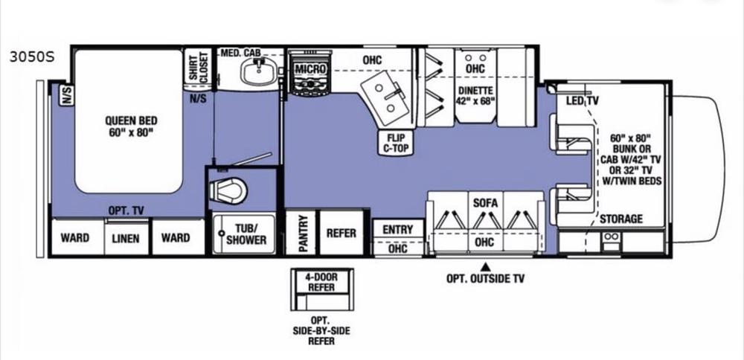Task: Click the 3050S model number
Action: coord(32,57)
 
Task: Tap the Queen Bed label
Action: coord(131,126)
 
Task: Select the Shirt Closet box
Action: coord(199,68)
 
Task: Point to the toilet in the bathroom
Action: coord(228,190)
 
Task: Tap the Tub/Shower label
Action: coord(246,234)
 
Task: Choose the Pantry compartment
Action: coord(301,232)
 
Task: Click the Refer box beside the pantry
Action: coord(341,232)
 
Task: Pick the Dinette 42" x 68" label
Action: coord(475,95)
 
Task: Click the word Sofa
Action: coord(485,204)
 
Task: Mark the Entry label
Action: coord(397,230)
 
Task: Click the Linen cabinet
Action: coord(126,238)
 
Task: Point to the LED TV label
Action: coord(583,101)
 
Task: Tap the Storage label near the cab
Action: coord(621,219)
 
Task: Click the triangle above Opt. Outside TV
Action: coord(485,266)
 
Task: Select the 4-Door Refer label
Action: coord(321,282)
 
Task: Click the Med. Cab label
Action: coord(240,52)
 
